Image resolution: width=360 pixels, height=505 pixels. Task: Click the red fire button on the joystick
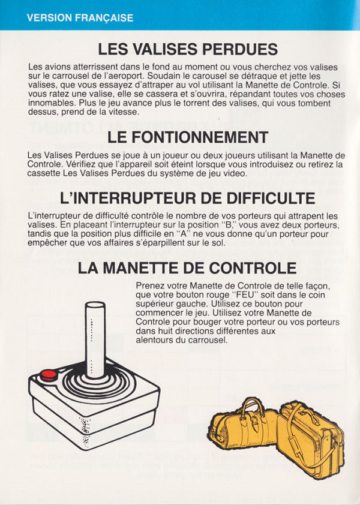pyautogui.click(x=49, y=375)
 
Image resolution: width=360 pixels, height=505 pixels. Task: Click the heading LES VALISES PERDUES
pyautogui.click(x=188, y=49)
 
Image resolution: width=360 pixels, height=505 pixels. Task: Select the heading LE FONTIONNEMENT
pyautogui.click(x=188, y=137)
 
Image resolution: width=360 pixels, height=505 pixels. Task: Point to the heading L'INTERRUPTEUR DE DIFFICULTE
pyautogui.click(x=188, y=198)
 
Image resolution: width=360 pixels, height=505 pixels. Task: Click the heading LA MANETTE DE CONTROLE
pyautogui.click(x=187, y=268)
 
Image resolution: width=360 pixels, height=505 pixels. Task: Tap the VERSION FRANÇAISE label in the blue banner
pyautogui.click(x=80, y=17)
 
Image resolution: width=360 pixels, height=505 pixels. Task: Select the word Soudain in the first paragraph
pyautogui.click(x=162, y=76)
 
